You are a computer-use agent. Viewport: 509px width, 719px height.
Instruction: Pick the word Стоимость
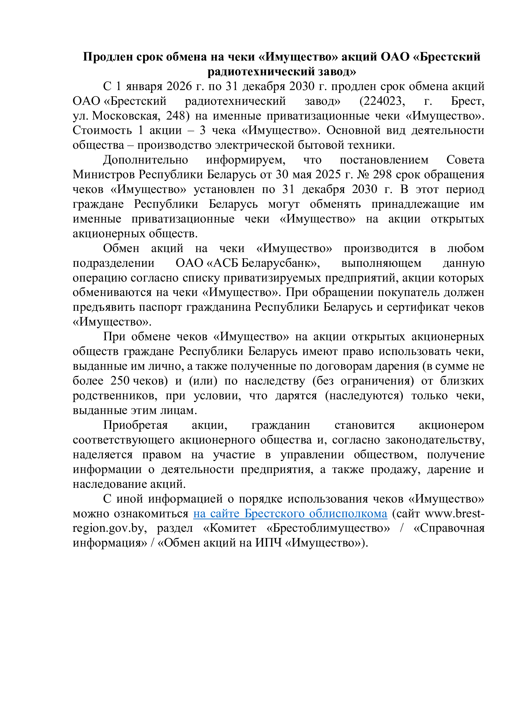click(x=102, y=130)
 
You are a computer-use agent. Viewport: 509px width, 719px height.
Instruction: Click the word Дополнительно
click(x=146, y=160)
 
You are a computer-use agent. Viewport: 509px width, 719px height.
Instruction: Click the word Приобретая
click(x=135, y=425)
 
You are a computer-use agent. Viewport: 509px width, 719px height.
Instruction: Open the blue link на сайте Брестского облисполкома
click(x=290, y=514)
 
